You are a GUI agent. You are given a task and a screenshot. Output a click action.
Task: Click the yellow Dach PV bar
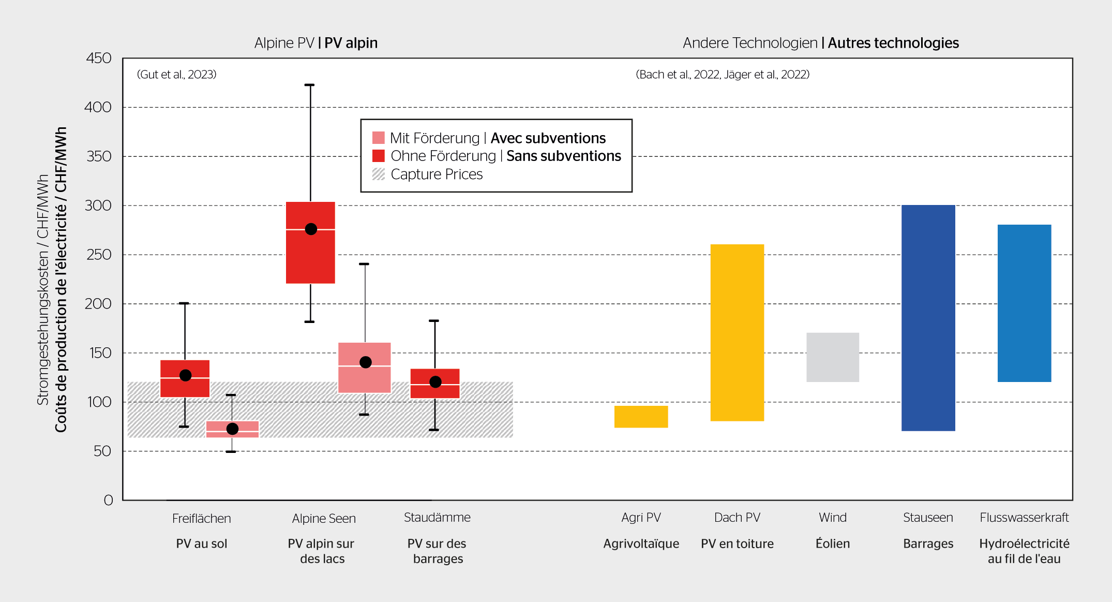(x=737, y=332)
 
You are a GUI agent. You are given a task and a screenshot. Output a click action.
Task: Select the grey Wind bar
(x=833, y=357)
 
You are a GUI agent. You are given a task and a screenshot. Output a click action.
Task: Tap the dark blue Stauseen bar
(x=928, y=318)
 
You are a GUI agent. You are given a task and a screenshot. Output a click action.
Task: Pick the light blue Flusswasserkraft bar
(x=1024, y=303)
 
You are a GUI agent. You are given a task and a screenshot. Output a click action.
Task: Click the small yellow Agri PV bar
(x=641, y=417)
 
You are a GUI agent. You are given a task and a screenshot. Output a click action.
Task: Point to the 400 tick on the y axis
(x=98, y=107)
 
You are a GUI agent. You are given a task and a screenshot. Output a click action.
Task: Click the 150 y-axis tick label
(x=100, y=353)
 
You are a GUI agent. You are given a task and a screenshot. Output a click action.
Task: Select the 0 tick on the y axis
(x=108, y=500)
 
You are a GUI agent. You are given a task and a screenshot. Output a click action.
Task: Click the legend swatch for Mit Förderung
(x=379, y=138)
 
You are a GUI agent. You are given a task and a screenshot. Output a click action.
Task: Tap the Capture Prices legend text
(x=437, y=174)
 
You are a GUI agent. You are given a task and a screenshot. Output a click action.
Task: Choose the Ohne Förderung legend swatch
(x=379, y=156)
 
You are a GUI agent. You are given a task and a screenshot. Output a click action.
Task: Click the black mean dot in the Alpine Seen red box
(x=311, y=229)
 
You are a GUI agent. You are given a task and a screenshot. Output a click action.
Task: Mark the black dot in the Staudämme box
(x=435, y=382)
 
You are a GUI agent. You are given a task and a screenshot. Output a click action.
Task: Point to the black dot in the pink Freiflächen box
(x=232, y=429)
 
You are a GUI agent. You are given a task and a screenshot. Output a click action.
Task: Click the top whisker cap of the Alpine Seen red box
(x=309, y=85)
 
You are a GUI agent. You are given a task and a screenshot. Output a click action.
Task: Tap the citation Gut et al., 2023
(x=176, y=75)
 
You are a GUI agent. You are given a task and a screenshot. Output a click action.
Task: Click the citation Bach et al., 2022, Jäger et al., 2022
(x=723, y=75)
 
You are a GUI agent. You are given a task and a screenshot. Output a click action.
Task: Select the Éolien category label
(x=833, y=544)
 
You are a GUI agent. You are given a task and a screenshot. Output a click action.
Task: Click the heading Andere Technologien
(x=749, y=43)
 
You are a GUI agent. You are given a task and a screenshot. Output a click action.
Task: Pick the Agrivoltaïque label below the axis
(x=641, y=544)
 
